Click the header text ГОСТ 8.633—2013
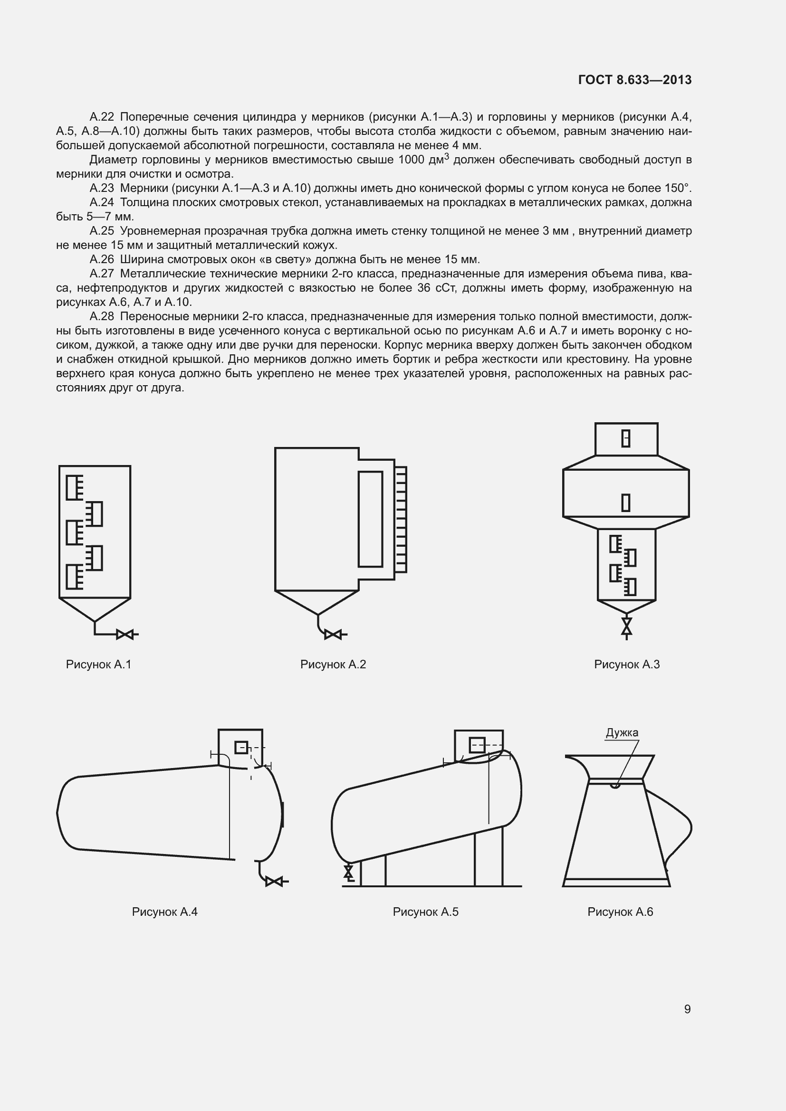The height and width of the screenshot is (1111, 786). point(635,80)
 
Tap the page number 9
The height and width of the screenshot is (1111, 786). point(687,1009)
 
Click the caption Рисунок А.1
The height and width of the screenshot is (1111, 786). point(99,665)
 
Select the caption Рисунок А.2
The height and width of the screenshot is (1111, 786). point(333,665)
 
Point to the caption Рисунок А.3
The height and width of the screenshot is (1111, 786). point(627,665)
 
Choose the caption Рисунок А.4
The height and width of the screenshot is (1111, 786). point(164,912)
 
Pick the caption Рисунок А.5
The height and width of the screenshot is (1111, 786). point(425,912)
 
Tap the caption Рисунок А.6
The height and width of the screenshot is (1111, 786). point(620,912)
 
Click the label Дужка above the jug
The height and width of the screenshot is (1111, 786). point(622,732)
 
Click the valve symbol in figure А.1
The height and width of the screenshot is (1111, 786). point(125,635)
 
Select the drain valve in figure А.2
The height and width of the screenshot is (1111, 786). point(333,634)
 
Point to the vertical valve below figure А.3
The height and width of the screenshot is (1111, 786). point(627,626)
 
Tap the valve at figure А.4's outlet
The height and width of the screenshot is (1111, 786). point(274,882)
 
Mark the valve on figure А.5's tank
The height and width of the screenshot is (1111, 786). point(348,873)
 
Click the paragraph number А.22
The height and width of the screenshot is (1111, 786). point(102,117)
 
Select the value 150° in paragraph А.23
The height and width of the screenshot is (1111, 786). point(678,188)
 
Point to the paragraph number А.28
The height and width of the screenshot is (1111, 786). point(102,316)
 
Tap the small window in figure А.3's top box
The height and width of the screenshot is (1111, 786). point(626,438)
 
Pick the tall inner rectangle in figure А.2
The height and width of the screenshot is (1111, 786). point(370,519)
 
